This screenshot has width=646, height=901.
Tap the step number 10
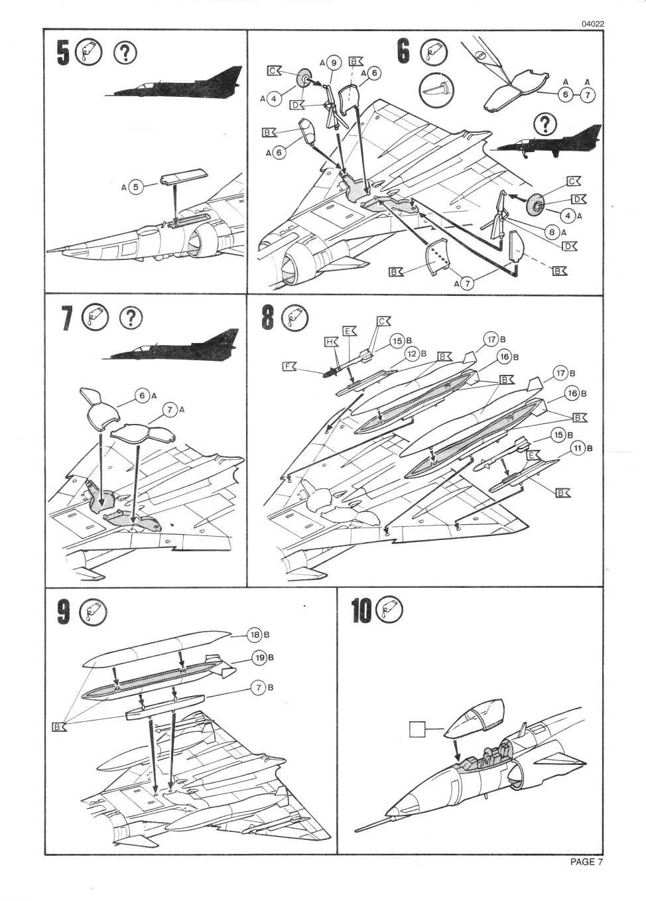coord(361,610)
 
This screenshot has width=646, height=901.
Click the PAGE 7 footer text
coord(586,862)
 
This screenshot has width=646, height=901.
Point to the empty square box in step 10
coord(417,729)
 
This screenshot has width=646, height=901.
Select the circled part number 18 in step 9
coord(255,634)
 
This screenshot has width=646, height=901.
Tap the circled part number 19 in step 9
coord(259,658)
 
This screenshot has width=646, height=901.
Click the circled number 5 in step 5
coord(135,187)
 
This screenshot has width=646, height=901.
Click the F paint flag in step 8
coord(289,366)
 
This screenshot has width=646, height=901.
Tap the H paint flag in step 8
coord(331,342)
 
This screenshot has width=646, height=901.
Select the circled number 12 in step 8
coord(412,354)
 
